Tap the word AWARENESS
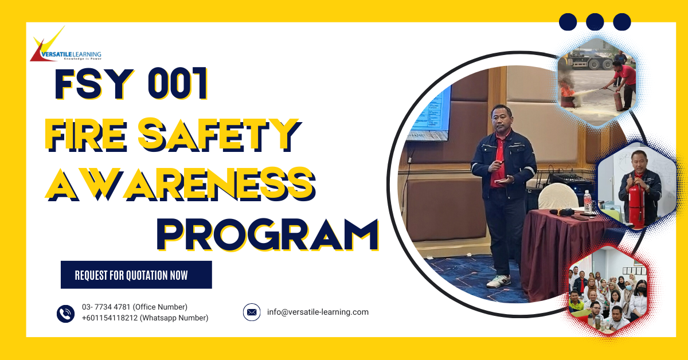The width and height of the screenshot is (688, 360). tap(181, 182)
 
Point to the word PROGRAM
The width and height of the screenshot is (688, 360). tap(268, 233)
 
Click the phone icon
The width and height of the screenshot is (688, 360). tap(65, 313)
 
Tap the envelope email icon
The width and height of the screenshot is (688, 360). tap(251, 312)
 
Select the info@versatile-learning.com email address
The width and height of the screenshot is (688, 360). tap(318, 312)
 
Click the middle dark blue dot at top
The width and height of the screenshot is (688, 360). tap(595, 22)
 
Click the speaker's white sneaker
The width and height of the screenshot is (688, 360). tap(498, 281)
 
